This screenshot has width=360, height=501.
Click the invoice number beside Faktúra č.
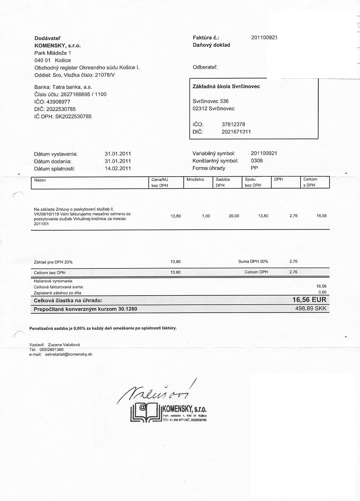(x=264, y=38)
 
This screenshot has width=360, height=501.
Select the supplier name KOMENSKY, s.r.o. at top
(x=57, y=46)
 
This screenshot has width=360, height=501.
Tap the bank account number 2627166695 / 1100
(x=83, y=94)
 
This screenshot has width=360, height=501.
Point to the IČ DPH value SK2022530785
(x=73, y=117)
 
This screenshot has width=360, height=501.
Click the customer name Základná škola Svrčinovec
(x=226, y=87)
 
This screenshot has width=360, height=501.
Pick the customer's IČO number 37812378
(x=233, y=125)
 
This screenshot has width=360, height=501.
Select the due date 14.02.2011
(x=118, y=169)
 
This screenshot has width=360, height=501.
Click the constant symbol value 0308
(x=257, y=161)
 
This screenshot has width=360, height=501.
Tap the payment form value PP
(x=254, y=168)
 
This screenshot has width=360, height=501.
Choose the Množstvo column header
(x=195, y=179)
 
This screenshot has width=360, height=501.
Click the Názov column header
(x=40, y=180)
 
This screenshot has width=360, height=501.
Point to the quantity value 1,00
(x=206, y=216)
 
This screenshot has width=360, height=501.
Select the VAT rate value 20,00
(x=234, y=216)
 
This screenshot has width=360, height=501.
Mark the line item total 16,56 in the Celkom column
(x=321, y=216)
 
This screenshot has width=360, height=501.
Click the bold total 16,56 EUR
(x=309, y=300)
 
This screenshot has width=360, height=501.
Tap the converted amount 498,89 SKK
(x=311, y=309)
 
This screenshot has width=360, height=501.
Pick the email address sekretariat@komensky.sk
(x=69, y=354)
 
